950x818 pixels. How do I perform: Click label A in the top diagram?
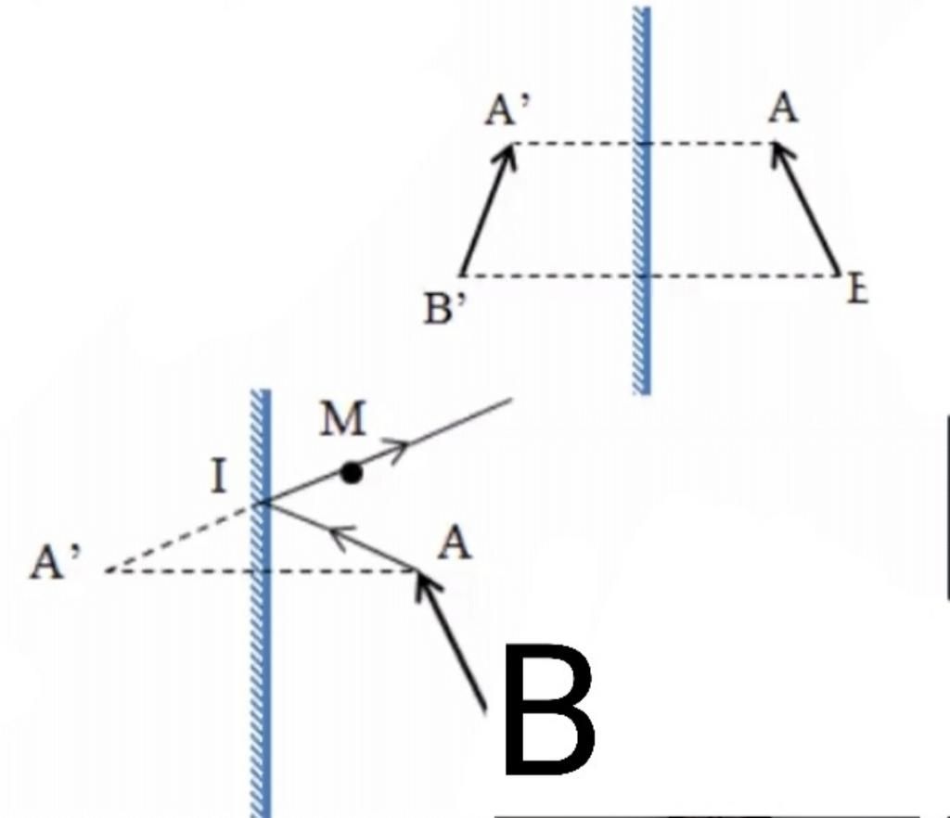(784, 110)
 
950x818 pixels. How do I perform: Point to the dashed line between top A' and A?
(575, 144)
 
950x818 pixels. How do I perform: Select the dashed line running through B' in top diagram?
(557, 276)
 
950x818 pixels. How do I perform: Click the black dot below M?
(351, 473)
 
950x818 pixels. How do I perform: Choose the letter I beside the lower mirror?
(219, 479)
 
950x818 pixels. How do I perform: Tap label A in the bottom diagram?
(455, 545)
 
